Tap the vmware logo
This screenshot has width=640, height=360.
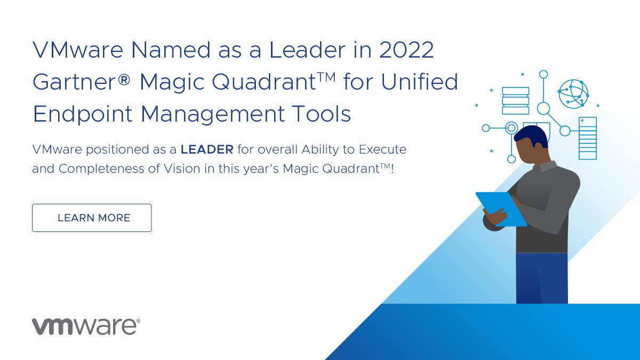click(86, 326)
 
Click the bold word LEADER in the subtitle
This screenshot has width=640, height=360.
click(207, 149)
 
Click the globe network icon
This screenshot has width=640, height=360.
click(573, 94)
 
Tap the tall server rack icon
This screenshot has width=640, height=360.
click(587, 138)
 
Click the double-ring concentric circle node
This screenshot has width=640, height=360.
click(511, 128)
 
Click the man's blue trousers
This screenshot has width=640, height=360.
click(541, 277)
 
